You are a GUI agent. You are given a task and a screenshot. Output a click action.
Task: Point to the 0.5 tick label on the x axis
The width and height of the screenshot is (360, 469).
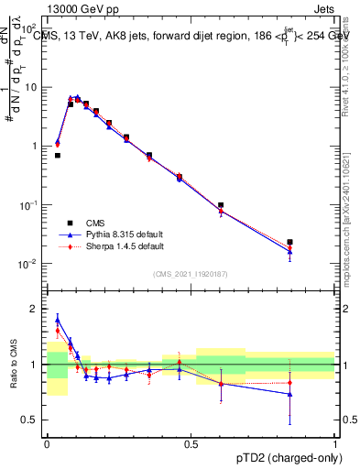[191, 443]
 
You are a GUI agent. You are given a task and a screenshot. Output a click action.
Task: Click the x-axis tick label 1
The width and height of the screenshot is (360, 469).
[335, 443]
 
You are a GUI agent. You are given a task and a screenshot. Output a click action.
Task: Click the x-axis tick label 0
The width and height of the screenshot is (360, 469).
[47, 443]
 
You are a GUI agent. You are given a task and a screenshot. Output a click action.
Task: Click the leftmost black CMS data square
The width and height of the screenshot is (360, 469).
[58, 155]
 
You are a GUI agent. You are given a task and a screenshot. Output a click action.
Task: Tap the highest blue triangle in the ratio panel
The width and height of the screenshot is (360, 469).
[58, 319]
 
